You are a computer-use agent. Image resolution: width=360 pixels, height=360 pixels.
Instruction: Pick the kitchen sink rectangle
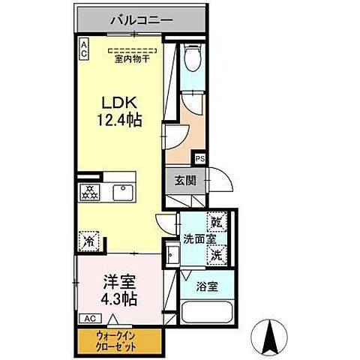point(121,192)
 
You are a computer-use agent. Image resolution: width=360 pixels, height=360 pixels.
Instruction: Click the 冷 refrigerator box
point(87,242)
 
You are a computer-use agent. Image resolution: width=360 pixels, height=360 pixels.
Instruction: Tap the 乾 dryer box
point(217,223)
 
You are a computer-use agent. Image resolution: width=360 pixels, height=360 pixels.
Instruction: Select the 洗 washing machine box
point(216,254)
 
